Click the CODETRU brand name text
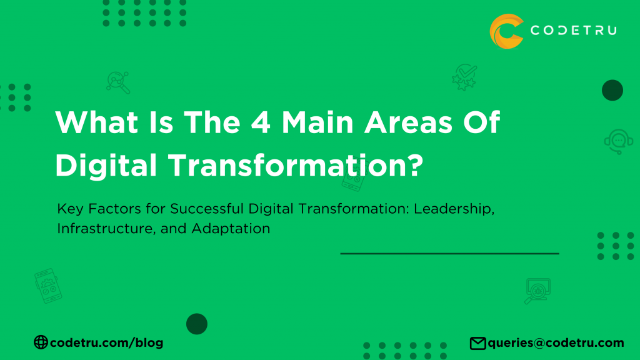(573, 31)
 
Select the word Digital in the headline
(107, 165)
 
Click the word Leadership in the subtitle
(457, 209)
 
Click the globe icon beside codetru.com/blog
(41, 342)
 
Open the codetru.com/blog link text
(106, 342)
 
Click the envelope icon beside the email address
(478, 343)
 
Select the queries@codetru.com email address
(556, 342)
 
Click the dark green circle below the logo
(612, 90)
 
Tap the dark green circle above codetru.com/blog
(197, 324)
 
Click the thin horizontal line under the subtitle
(449, 254)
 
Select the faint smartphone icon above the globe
(46, 286)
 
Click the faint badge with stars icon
(464, 77)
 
